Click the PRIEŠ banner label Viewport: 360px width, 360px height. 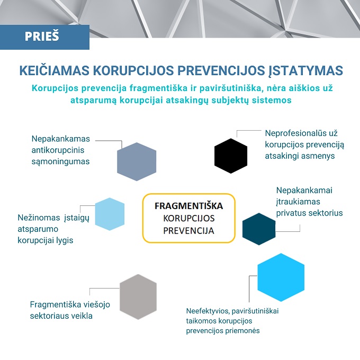[x=42, y=37]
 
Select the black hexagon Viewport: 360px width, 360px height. [x=231, y=156]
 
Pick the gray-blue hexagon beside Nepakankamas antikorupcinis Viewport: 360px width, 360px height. [x=137, y=161]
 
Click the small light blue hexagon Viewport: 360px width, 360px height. [x=110, y=214]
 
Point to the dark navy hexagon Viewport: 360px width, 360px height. [x=259, y=229]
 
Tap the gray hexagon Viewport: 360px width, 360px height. [x=138, y=296]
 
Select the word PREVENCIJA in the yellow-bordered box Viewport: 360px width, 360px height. [x=188, y=231]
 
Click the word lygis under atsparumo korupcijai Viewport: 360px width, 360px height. [x=63, y=240]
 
